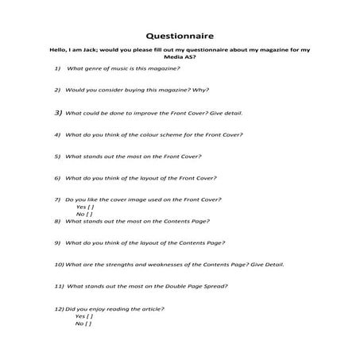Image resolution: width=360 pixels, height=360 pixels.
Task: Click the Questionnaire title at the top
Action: (179, 35)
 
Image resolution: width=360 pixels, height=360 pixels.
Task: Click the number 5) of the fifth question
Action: (58, 156)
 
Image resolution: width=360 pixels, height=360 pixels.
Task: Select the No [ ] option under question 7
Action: (83, 214)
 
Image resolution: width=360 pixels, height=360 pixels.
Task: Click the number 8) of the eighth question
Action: (58, 221)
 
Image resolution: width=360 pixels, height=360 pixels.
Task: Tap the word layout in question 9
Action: (141, 242)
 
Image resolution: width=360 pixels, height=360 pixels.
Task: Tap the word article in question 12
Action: (149, 308)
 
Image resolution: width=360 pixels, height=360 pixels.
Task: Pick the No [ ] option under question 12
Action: (83, 323)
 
